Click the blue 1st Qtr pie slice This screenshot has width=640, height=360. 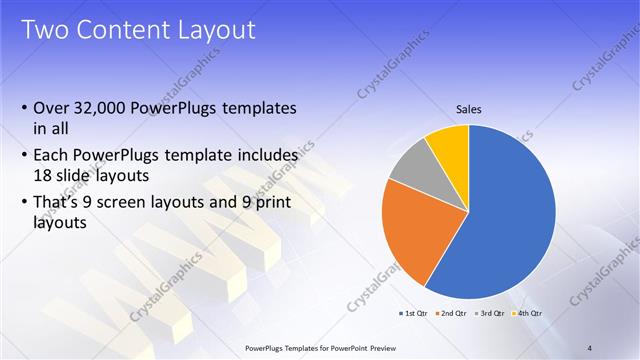(x=500, y=220)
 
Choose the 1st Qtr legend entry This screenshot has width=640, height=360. (x=415, y=315)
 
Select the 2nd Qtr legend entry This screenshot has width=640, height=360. (x=451, y=315)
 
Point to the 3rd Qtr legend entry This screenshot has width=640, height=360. (x=490, y=315)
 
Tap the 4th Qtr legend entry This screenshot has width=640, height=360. (x=527, y=315)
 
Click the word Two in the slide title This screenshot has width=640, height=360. (x=45, y=29)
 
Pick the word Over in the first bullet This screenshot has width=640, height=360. (x=52, y=108)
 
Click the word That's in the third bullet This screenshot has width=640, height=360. (x=58, y=203)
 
